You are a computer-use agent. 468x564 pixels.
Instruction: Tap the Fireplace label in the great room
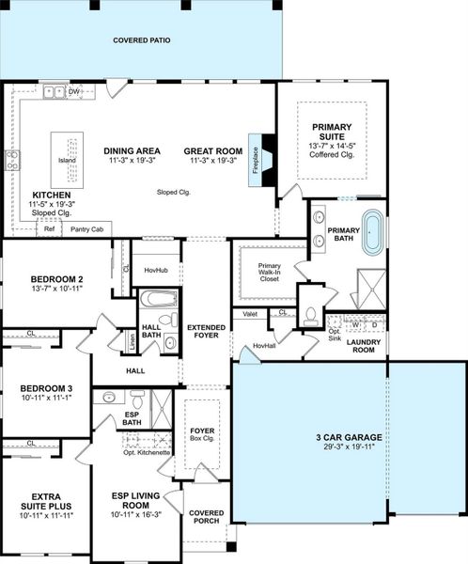point(254,151)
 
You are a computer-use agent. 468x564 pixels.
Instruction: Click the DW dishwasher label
point(73,91)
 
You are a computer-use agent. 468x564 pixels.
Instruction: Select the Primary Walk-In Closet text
point(269,273)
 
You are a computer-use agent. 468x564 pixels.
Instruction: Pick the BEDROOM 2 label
point(57,280)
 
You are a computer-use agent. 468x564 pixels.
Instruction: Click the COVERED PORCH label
point(206,519)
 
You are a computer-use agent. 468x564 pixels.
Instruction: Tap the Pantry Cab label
point(87,228)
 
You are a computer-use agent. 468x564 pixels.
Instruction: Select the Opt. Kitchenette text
point(147,452)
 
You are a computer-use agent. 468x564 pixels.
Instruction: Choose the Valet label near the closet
point(250,314)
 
